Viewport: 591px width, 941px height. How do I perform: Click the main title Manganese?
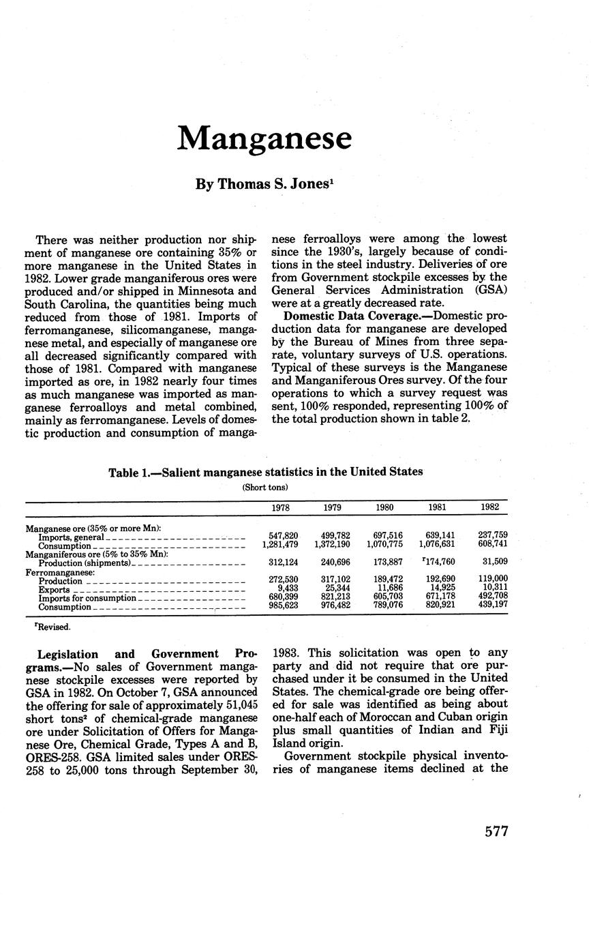tap(264, 138)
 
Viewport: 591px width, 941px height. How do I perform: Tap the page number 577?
tap(496, 832)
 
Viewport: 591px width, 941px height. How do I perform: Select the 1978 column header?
tap(281, 507)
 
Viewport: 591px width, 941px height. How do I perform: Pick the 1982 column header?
tap(489, 507)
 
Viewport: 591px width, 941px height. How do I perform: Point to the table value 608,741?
tap(492, 546)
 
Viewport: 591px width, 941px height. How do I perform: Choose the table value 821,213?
tap(335, 598)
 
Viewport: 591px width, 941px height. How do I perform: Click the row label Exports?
tap(54, 590)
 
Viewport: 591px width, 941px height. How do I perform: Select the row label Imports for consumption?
tap(87, 598)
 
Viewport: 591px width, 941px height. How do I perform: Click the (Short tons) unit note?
tap(265, 487)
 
